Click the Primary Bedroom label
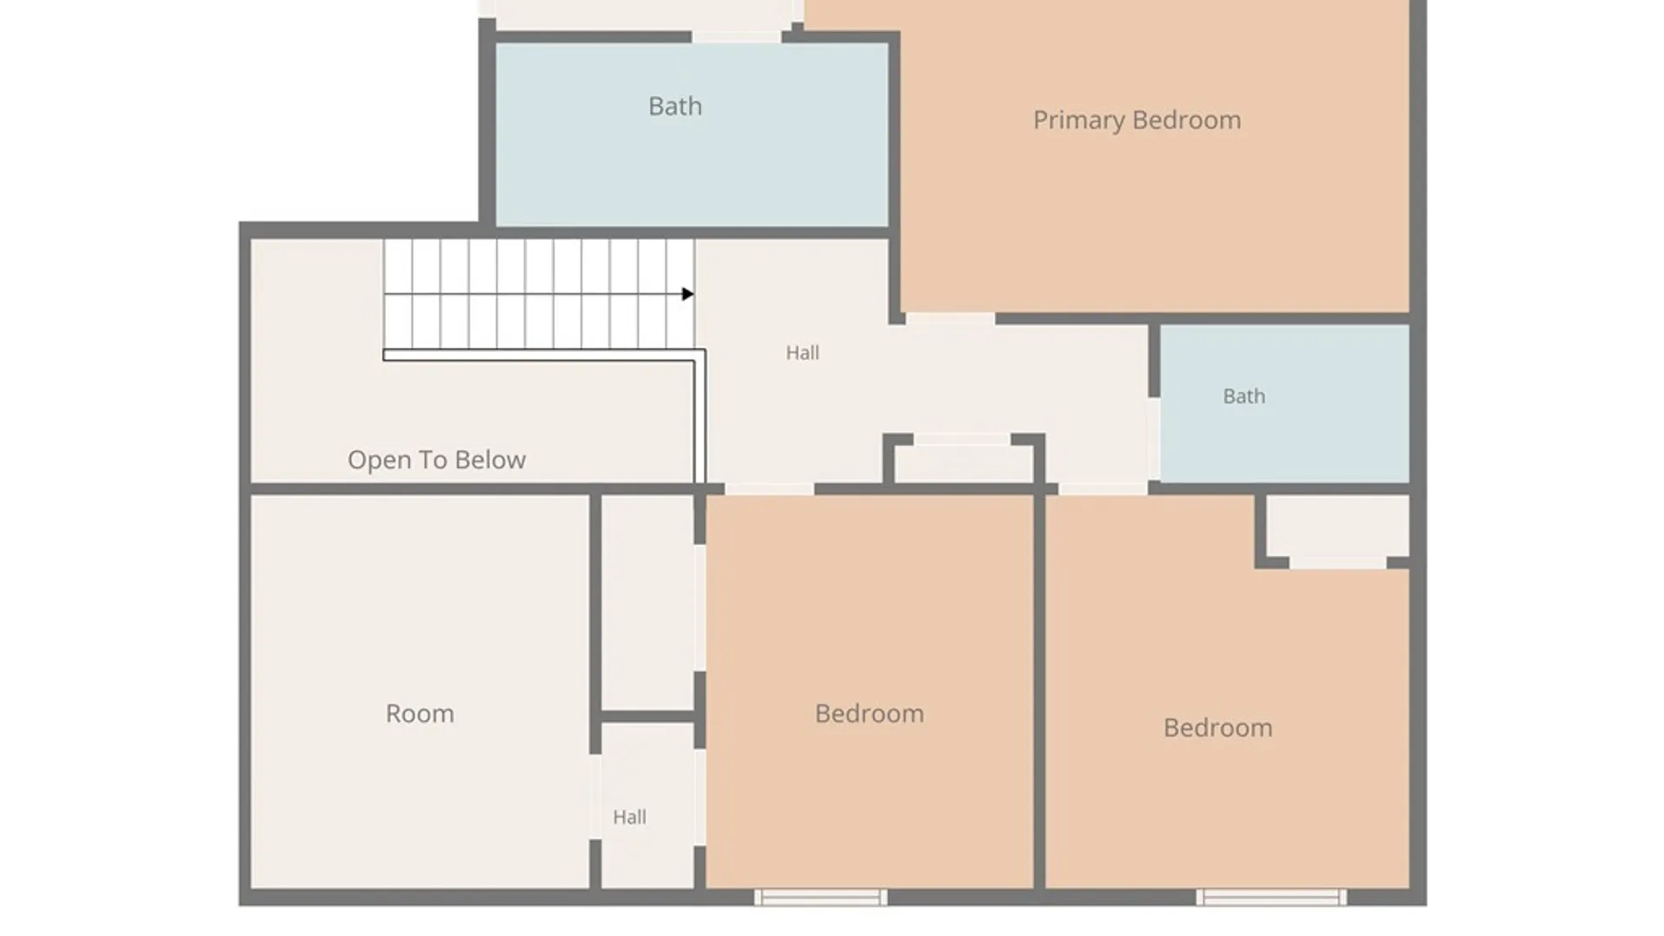coord(1136,120)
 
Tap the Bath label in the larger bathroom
coord(675,106)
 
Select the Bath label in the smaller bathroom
coord(1244,396)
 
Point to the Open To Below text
coord(437,459)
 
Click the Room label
coord(419,713)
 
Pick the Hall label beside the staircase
coord(803,353)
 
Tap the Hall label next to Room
coord(629,817)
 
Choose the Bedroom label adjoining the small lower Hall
coord(869,713)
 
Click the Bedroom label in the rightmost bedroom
coord(1218,727)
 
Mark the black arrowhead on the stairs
coord(688,294)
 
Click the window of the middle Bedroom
coord(821,897)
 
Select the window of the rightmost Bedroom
coord(1271,897)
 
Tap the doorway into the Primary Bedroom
coord(951,319)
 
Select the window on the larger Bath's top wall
coord(737,36)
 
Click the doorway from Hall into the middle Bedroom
coord(770,490)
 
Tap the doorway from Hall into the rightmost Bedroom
coord(1103,490)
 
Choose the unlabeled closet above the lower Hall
coord(647,602)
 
